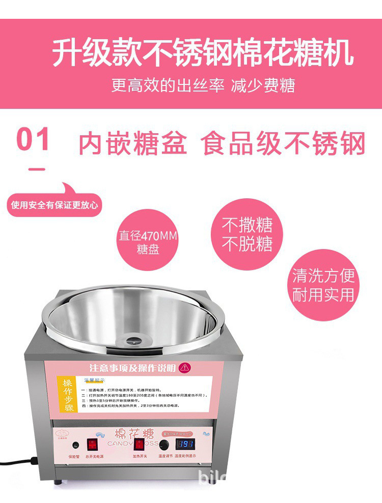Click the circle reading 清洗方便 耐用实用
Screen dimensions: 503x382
(x=323, y=285)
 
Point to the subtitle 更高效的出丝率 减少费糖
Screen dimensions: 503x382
(x=203, y=85)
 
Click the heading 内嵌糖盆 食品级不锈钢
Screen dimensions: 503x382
(x=222, y=144)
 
